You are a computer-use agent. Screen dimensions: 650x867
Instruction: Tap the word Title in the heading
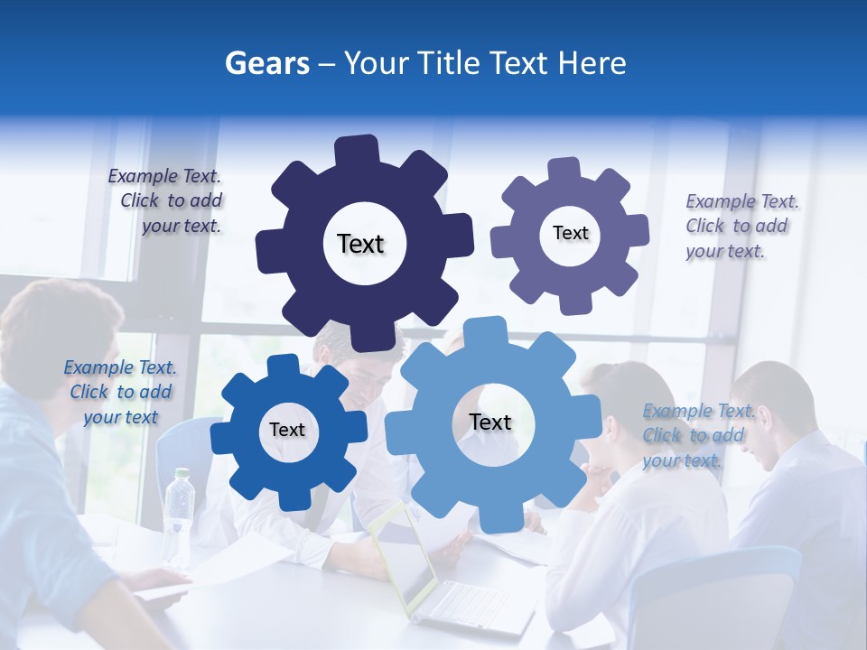(x=449, y=63)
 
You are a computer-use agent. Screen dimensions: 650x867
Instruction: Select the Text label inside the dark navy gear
(x=360, y=244)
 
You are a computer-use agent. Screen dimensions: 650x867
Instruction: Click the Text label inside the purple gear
(x=570, y=233)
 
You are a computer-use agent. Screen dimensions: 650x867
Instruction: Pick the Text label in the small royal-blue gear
(x=287, y=431)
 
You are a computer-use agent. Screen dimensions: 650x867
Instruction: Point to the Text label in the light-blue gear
(x=490, y=422)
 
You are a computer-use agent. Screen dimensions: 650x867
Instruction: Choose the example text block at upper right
(x=741, y=226)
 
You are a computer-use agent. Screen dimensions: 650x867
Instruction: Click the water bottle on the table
(x=178, y=515)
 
